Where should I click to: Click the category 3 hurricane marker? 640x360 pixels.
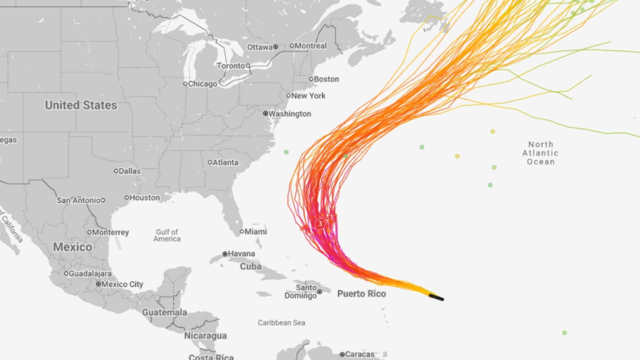[x=320, y=224]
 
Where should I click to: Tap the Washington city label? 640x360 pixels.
[x=290, y=114]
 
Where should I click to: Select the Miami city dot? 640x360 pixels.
[x=242, y=232]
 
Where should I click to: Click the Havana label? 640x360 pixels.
[x=241, y=254]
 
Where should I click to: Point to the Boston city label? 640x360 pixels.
[x=326, y=79]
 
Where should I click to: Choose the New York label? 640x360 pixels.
[x=308, y=96]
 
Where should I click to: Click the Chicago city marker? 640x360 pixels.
[x=185, y=84]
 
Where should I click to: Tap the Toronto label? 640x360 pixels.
[x=231, y=66]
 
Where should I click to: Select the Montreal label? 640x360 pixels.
[x=311, y=46]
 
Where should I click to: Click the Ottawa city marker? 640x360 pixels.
[x=276, y=47]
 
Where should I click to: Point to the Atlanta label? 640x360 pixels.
[x=226, y=162]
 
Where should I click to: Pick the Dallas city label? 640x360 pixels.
[x=130, y=171]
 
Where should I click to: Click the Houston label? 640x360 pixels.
[x=145, y=198]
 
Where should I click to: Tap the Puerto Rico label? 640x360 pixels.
[x=362, y=294]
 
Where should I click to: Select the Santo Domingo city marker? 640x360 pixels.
[x=320, y=292]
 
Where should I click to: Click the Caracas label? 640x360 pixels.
[x=360, y=354]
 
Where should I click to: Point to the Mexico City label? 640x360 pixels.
[x=122, y=284]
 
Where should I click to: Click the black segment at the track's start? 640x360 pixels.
[x=436, y=297]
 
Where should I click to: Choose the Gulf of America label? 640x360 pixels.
[x=167, y=235]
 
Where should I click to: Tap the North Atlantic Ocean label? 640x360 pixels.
[x=540, y=153]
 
